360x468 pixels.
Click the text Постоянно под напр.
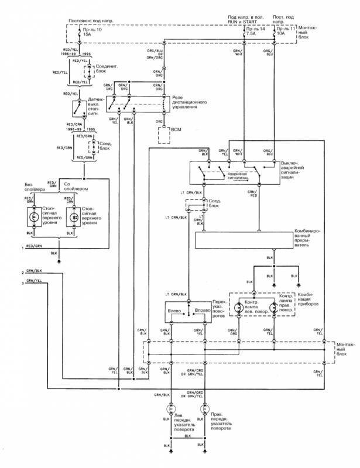tap(91, 20)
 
